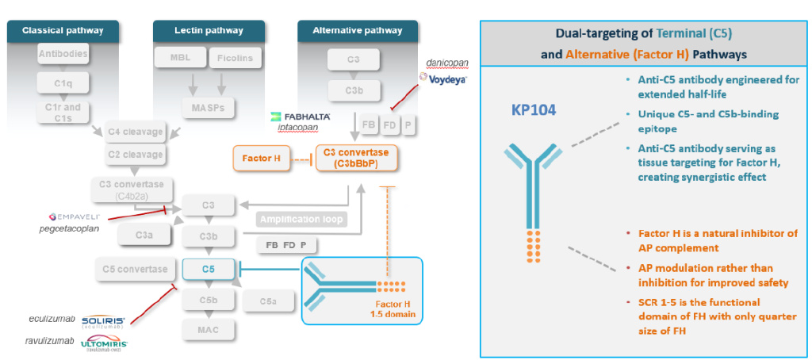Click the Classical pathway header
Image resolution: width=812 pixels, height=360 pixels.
tap(63, 31)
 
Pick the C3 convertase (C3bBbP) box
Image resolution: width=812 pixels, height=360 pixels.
tap(356, 158)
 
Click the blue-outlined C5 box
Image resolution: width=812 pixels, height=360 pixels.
tap(209, 269)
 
